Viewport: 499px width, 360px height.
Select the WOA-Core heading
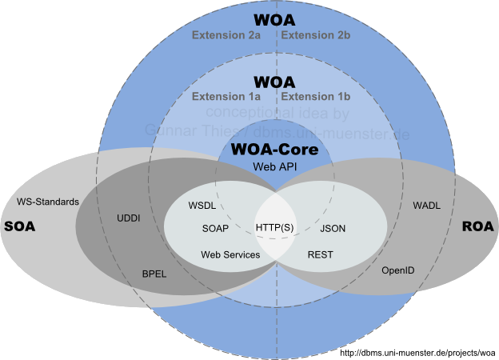pos(275,149)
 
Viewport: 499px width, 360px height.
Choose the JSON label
pos(333,228)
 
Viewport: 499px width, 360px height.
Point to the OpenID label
pos(397,270)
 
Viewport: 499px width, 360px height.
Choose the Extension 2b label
pos(316,35)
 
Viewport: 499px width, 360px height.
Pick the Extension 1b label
pos(316,97)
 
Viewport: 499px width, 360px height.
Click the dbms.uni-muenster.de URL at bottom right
pos(418,352)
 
